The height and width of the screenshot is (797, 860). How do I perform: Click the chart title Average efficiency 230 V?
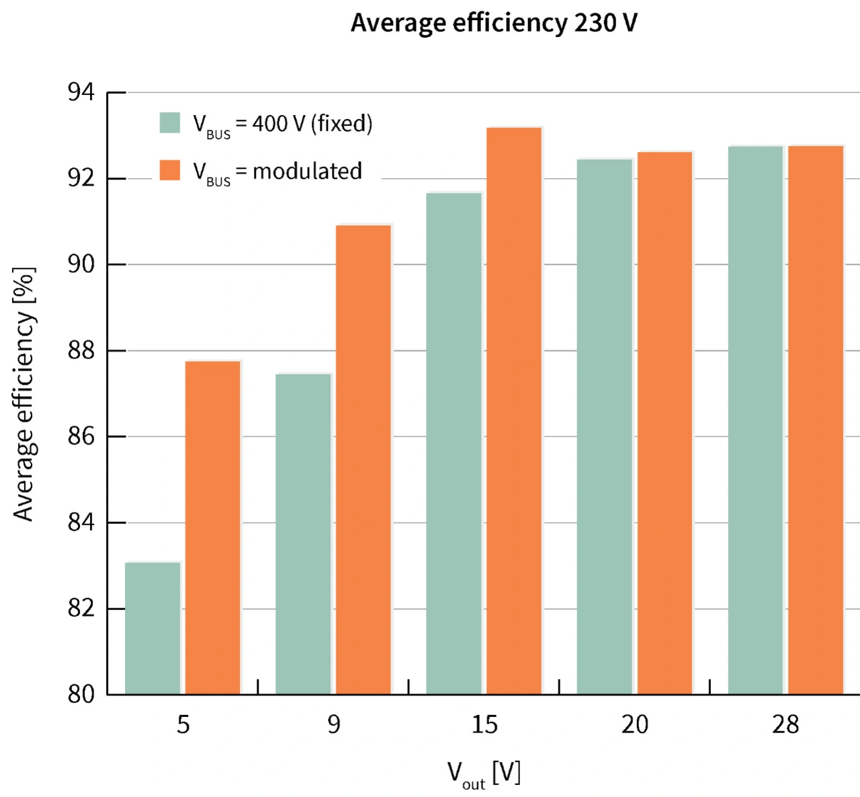[x=494, y=23]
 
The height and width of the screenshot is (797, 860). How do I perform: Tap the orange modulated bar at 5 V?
[x=213, y=528]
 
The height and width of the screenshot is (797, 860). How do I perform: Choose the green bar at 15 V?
[x=454, y=443]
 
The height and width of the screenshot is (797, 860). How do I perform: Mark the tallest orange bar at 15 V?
[x=514, y=411]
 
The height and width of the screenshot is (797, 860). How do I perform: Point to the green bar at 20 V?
[x=605, y=426]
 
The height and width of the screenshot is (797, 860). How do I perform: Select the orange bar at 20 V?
[x=664, y=423]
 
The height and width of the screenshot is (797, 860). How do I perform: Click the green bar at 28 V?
[x=756, y=420]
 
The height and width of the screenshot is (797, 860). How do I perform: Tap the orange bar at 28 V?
[x=816, y=420]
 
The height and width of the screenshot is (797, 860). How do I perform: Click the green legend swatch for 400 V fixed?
[x=170, y=123]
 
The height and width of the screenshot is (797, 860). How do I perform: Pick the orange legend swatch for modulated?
[x=170, y=170]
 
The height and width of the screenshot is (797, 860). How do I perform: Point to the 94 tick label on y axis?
[x=81, y=92]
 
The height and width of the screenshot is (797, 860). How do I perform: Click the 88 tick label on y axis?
[x=81, y=350]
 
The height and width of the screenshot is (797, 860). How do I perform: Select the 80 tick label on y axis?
[x=81, y=694]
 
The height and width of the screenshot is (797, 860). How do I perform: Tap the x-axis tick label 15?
[x=484, y=724]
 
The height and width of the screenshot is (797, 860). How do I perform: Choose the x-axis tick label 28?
[x=785, y=724]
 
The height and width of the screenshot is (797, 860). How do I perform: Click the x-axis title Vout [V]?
[x=484, y=773]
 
